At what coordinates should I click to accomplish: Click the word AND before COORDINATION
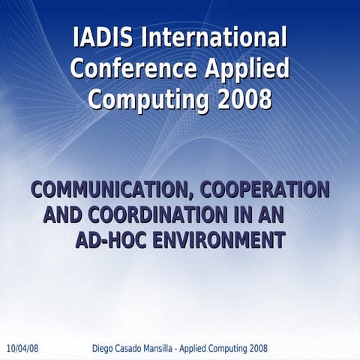[63, 215]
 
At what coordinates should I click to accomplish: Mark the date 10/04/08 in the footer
[22, 349]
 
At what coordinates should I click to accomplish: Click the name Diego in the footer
[103, 349]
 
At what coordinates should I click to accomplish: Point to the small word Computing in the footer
[241, 349]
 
